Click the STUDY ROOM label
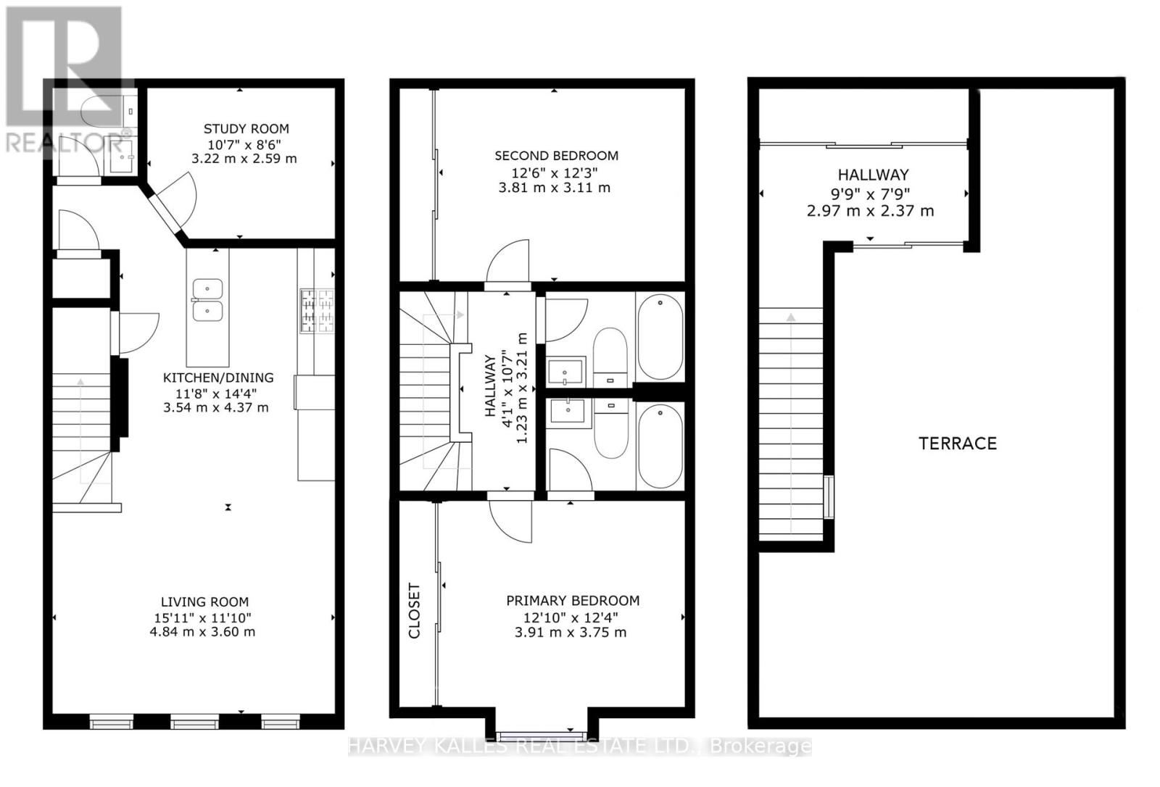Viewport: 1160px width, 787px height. pyautogui.click(x=246, y=129)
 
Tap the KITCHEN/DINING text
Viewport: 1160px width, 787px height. pyautogui.click(x=218, y=378)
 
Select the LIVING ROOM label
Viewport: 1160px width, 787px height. pyautogui.click(x=204, y=601)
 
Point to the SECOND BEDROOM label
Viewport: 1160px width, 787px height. pyautogui.click(x=556, y=156)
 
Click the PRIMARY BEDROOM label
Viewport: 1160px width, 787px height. pyautogui.click(x=573, y=601)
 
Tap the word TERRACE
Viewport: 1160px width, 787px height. pyautogui.click(x=958, y=444)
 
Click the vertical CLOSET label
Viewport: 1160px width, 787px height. pyautogui.click(x=414, y=611)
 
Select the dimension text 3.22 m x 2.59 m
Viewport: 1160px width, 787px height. pyautogui.click(x=244, y=159)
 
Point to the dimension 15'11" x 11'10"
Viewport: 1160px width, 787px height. pyautogui.click(x=202, y=617)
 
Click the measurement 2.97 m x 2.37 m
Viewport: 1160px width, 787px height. pyautogui.click(x=871, y=212)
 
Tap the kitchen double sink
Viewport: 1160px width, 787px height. pyautogui.click(x=207, y=300)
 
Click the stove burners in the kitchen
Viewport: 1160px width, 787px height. pyautogui.click(x=317, y=310)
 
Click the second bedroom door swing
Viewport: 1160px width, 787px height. pyautogui.click(x=508, y=262)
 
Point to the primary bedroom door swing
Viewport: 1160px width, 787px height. pyautogui.click(x=510, y=521)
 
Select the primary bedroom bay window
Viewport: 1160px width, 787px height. pyautogui.click(x=542, y=735)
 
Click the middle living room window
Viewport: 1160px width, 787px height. pyautogui.click(x=195, y=722)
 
